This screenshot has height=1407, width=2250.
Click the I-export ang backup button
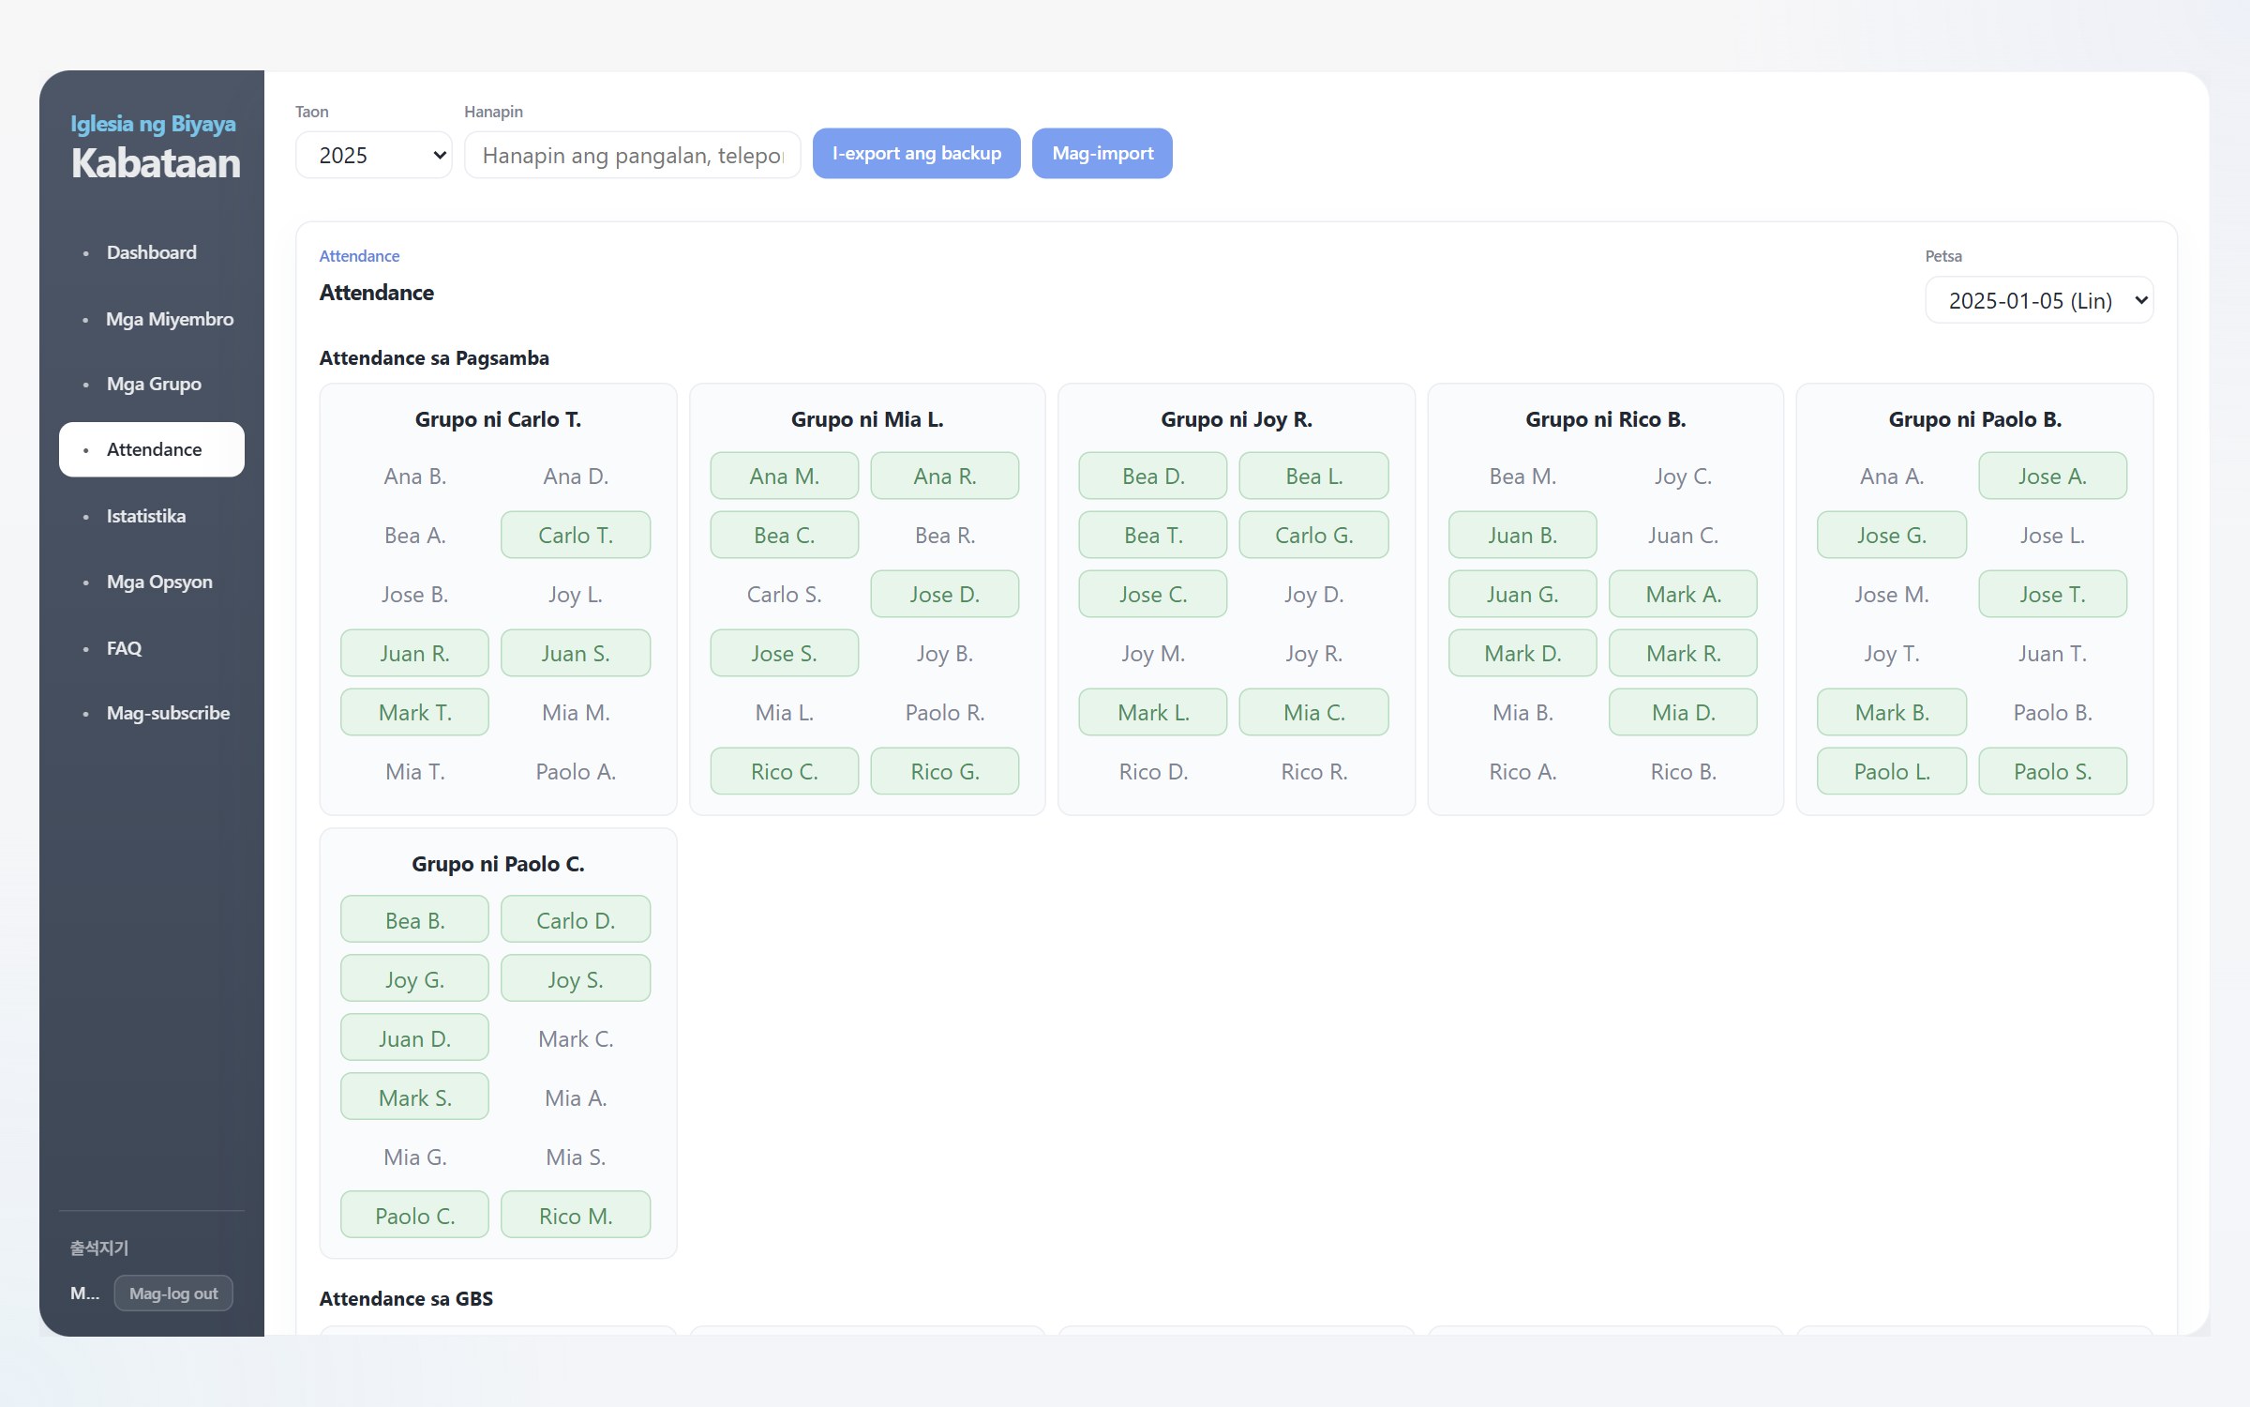[x=916, y=154]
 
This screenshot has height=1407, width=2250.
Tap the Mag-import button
[x=1102, y=154]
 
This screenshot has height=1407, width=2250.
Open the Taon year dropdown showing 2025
[x=374, y=156]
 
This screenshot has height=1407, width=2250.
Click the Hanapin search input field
[x=633, y=156]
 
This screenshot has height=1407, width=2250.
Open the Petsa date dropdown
[x=2039, y=301]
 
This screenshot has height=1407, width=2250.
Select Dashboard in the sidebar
[x=151, y=252]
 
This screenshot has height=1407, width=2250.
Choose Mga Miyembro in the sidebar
[x=170, y=319]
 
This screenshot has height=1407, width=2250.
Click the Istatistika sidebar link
[x=145, y=516]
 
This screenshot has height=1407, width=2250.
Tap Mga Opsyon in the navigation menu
[x=159, y=582]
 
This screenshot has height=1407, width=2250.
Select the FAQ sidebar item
[x=124, y=648]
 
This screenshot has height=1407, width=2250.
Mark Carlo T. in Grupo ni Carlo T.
[x=576, y=536]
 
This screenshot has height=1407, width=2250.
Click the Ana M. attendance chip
[x=784, y=477]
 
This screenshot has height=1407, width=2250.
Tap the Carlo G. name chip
[x=1313, y=536]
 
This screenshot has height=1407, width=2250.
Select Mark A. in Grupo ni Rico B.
[x=1683, y=595]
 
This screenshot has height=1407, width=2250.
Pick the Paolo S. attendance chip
[x=2052, y=772]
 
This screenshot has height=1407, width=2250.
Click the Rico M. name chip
[x=576, y=1217]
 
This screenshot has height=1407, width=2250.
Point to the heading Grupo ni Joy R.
[x=1237, y=420]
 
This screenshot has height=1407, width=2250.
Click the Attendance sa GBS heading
[x=406, y=1299]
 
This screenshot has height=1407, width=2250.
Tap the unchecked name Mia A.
[x=576, y=1098]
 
